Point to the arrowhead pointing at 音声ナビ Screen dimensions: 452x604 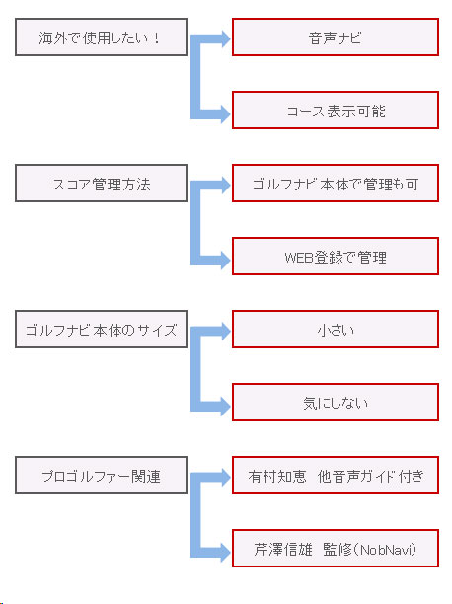click(225, 38)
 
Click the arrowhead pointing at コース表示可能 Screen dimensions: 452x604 click(225, 114)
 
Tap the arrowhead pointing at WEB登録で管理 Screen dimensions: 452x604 click(225, 260)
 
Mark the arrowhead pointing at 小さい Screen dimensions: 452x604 click(225, 331)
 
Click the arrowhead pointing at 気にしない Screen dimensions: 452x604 click(225, 407)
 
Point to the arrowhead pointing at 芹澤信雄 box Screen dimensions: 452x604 click(225, 553)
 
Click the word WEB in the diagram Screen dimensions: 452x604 click(299, 257)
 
